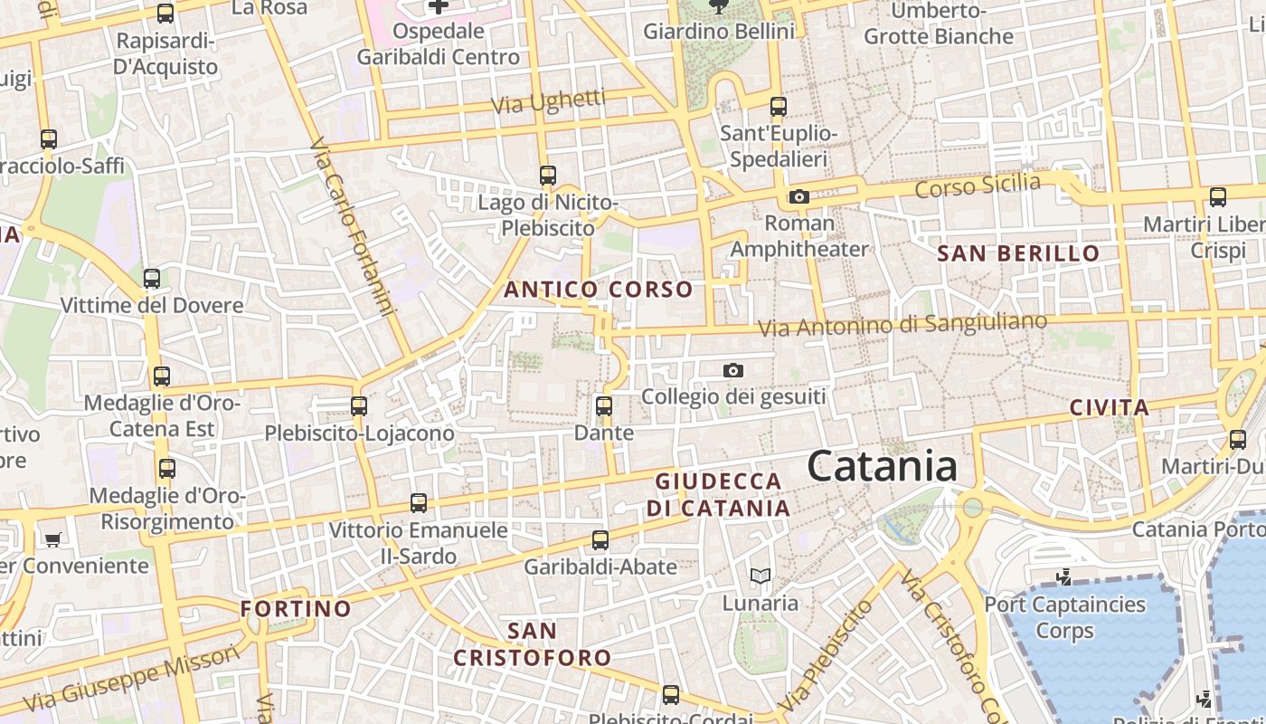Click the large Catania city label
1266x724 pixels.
pos(882,467)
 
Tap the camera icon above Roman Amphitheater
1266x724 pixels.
pos(798,197)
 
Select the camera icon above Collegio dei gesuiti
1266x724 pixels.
pos(733,370)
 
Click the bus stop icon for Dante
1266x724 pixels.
pos(604,406)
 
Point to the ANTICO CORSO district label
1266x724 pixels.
pos(599,290)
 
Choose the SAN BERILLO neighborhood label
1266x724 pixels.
pos(1018,253)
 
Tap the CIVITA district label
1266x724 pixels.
pos(1109,407)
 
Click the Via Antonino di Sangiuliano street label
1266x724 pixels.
pos(902,325)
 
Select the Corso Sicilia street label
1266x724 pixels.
pos(978,186)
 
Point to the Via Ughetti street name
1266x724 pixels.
pos(548,101)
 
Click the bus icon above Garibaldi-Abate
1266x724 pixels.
pos(600,540)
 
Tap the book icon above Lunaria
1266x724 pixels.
pos(760,576)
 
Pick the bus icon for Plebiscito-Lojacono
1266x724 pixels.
pos(359,406)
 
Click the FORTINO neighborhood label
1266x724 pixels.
pos(296,608)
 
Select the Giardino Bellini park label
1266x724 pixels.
pos(719,32)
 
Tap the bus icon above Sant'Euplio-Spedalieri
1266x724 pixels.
pos(779,107)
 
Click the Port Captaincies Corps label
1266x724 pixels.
pos(1064,617)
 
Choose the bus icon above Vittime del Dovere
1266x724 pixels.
pos(152,278)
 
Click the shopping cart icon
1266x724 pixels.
pos(53,539)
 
